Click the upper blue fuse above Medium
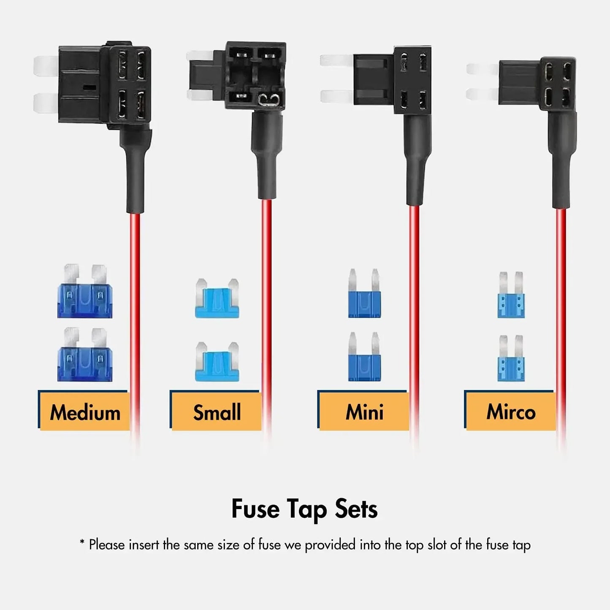pyautogui.click(x=85, y=292)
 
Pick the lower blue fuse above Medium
pyautogui.click(x=85, y=355)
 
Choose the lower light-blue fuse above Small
pyautogui.click(x=217, y=362)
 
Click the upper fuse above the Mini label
pyautogui.click(x=364, y=295)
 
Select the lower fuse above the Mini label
pyautogui.click(x=364, y=358)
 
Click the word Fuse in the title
pyautogui.click(x=255, y=509)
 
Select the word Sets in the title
pyautogui.click(x=356, y=509)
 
